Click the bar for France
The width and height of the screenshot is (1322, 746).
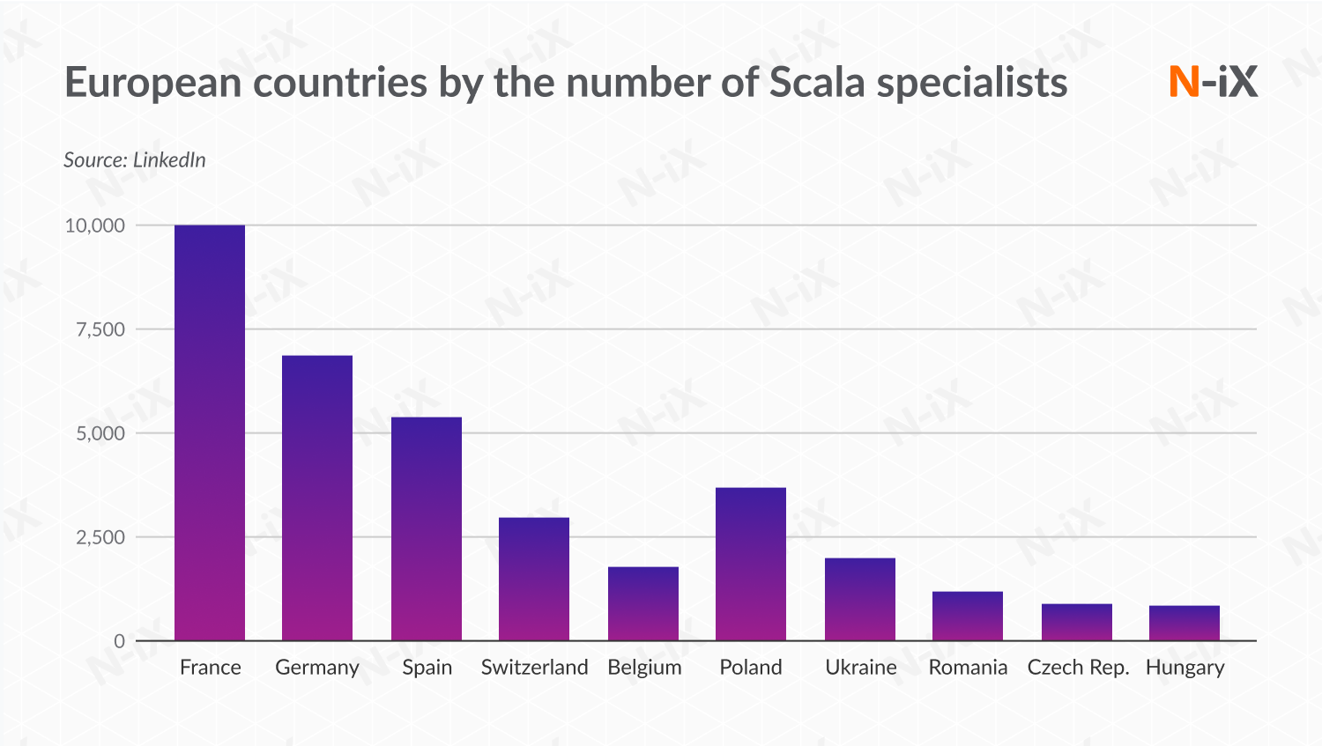click(210, 432)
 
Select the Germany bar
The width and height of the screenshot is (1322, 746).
click(317, 498)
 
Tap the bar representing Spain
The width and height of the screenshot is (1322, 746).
click(427, 528)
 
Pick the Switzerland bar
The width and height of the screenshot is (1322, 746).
click(534, 579)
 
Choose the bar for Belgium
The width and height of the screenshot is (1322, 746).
click(643, 603)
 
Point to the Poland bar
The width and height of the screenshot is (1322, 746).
click(751, 564)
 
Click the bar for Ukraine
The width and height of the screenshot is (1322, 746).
click(860, 599)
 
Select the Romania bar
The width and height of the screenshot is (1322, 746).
click(968, 616)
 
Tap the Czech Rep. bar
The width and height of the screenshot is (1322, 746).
click(1077, 622)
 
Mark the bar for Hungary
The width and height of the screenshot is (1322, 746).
click(1185, 623)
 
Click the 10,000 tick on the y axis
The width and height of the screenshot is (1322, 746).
click(95, 225)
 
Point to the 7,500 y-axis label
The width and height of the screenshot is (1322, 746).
click(100, 329)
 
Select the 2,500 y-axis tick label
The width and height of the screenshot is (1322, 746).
click(100, 537)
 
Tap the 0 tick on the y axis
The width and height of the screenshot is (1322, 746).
click(119, 641)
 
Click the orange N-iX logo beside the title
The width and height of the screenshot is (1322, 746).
click(1213, 82)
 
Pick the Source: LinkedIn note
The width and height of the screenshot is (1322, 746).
click(135, 160)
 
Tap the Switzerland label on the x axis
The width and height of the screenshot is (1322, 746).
click(534, 668)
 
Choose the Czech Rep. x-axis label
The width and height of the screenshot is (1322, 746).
click(1078, 668)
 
